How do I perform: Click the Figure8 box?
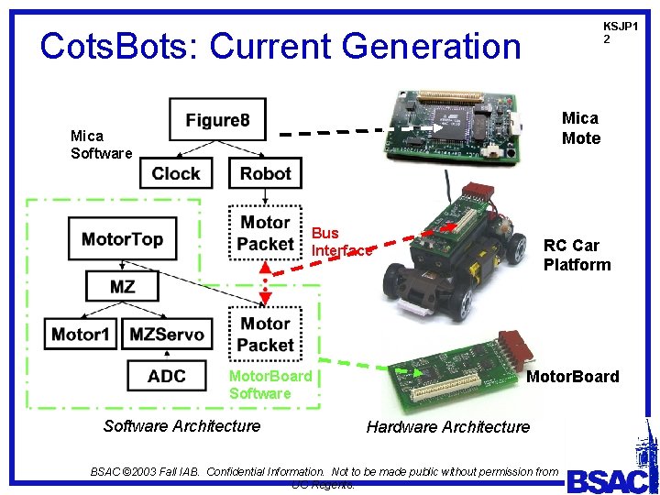point(218,120)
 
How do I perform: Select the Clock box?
point(176,173)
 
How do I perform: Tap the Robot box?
point(265,173)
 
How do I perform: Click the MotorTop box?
point(123,239)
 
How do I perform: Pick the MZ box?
point(122,286)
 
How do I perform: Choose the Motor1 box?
point(81,334)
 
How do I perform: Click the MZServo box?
point(167,334)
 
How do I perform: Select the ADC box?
point(167,376)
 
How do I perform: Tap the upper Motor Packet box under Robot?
point(265,233)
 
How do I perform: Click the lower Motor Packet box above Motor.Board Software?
point(265,334)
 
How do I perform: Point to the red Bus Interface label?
point(341,242)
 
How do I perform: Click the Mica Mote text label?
point(581,128)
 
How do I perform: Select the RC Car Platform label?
point(577,255)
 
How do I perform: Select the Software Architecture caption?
point(181,425)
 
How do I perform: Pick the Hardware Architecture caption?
point(447,426)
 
